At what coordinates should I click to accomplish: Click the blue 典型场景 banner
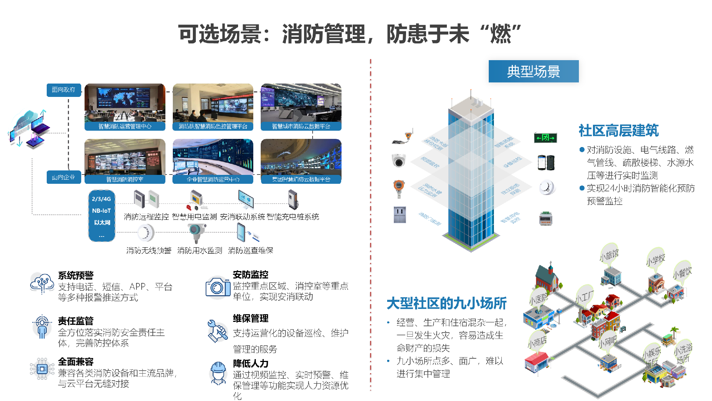533,71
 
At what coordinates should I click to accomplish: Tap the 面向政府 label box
63,90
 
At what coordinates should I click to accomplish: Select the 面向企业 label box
63,177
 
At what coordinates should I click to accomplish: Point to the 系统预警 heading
76,276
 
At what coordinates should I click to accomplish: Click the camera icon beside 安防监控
218,287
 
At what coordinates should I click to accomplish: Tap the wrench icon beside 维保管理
218,331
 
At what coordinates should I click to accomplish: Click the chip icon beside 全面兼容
42,369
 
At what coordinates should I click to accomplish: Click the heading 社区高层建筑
618,131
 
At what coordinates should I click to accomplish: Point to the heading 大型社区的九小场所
446,303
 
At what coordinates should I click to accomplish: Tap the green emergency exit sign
545,138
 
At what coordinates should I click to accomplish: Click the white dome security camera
399,160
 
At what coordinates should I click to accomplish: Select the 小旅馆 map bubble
609,255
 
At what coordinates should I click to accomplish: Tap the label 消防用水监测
200,251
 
